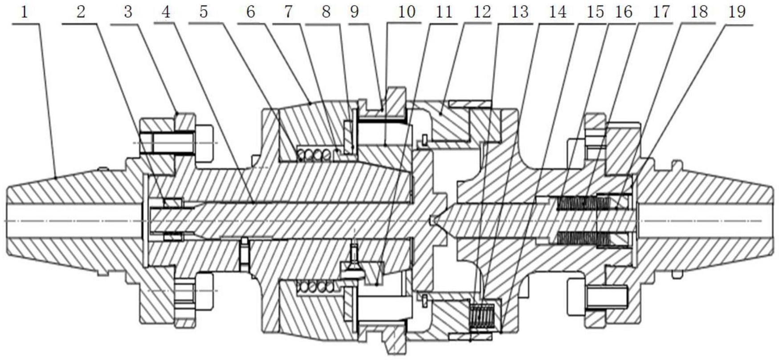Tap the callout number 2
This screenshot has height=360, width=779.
tap(80, 12)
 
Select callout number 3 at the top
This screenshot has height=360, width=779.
tap(128, 12)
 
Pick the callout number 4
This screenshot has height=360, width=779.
tap(166, 12)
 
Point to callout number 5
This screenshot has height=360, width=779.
tap(204, 12)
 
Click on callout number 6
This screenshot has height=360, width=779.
tap(250, 12)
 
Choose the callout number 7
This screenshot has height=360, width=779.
tap(289, 12)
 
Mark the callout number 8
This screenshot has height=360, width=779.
tap(326, 12)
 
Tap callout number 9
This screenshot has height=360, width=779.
tap(354, 12)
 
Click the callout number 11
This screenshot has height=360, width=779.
tap(444, 12)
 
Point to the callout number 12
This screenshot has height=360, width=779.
tap(481, 12)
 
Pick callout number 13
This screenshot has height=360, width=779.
tap(519, 12)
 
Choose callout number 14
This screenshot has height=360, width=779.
tap(558, 12)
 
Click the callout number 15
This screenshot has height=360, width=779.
tap(595, 12)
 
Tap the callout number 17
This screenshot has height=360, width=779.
tap(661, 12)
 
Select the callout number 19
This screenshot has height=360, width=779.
tap(737, 12)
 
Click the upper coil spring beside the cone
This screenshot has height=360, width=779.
tap(315, 154)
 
